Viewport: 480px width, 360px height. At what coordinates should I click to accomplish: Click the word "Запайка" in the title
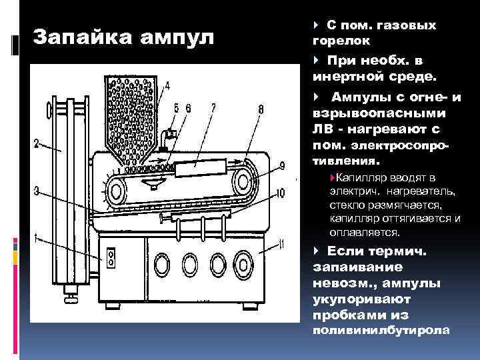tap(83, 37)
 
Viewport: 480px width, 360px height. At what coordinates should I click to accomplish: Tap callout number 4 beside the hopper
tap(167, 85)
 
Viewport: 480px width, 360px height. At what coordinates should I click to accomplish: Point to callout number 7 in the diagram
tap(213, 108)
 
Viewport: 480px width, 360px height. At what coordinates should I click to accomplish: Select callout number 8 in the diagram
tap(261, 109)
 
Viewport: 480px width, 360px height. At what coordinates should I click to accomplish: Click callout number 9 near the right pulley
tap(282, 166)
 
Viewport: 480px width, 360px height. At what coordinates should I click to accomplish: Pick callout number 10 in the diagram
tap(280, 193)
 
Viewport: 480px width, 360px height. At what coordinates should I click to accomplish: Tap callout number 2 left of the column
tap(37, 143)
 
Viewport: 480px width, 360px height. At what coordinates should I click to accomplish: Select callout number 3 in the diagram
tap(37, 191)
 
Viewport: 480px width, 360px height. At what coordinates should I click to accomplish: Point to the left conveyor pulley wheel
tap(116, 191)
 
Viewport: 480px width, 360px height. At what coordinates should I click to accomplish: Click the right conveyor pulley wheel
tap(243, 181)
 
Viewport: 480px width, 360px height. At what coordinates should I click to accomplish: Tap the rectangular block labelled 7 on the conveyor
tap(201, 167)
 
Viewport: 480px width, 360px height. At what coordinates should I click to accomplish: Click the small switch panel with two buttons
tap(111, 258)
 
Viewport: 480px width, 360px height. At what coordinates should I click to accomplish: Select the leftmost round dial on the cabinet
tap(161, 265)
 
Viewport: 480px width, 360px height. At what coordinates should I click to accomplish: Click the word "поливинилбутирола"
tap(381, 331)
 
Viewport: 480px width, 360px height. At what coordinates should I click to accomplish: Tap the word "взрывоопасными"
tap(379, 114)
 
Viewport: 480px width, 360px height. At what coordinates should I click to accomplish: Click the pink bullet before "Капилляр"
tap(333, 177)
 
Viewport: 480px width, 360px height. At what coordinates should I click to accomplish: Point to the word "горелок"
tap(341, 41)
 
